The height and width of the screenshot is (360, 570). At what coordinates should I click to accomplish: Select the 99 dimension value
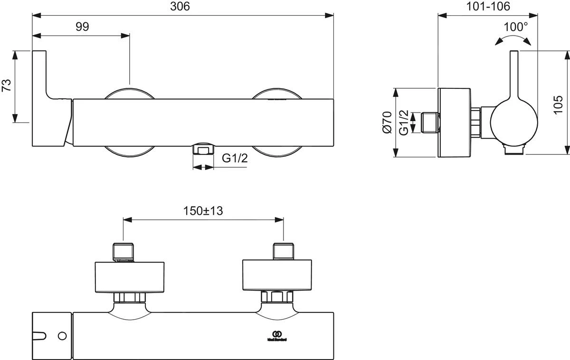(x=82, y=27)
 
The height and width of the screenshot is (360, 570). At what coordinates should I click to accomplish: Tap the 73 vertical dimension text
(x=7, y=86)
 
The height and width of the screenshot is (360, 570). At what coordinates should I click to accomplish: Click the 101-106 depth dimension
(x=487, y=7)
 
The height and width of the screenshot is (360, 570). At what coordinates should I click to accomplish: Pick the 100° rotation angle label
(x=516, y=27)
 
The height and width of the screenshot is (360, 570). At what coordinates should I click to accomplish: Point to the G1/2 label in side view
(x=404, y=122)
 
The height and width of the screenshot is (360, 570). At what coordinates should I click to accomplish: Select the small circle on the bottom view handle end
(x=61, y=336)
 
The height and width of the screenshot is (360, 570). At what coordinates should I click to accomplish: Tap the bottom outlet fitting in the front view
(x=203, y=149)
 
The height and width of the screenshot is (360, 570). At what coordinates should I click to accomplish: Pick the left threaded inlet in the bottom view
(x=123, y=252)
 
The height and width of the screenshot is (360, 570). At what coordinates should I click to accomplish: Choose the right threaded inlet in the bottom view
(x=284, y=251)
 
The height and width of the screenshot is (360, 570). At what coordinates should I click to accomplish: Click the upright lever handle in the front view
(x=40, y=76)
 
